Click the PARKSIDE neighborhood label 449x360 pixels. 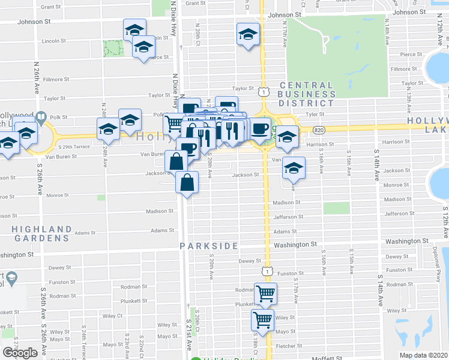pos(209,246)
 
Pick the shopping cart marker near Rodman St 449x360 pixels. pos(265,293)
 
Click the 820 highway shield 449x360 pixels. pos(319,130)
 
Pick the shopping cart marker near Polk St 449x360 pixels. pos(174,124)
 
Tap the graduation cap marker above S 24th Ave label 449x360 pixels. pos(109,128)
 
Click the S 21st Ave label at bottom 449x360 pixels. pos(187,340)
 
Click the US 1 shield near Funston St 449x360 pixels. pos(266,271)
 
